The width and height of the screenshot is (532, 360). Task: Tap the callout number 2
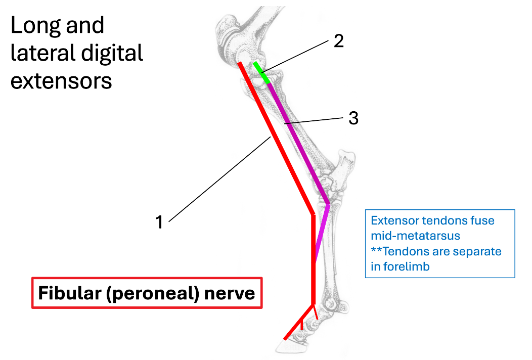coord(338,40)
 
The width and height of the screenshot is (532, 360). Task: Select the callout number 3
coord(353,118)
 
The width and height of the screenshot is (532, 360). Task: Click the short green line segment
coord(261,72)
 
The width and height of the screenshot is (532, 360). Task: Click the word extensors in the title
coord(61,80)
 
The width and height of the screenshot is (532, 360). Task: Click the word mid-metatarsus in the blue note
coord(415,236)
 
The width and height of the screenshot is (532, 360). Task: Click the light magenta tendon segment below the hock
coord(322,233)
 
